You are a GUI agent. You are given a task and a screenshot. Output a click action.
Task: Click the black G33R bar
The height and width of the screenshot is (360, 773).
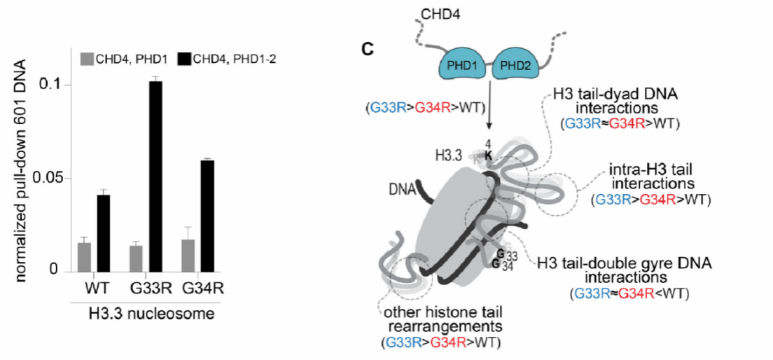pos(155,176)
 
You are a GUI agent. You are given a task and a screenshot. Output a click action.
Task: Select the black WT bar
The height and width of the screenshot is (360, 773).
pos(103,233)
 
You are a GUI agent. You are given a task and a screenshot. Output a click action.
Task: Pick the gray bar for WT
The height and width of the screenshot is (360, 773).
pos(85,256)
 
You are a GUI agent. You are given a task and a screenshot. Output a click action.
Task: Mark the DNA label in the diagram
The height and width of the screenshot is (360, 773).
pos(399,189)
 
